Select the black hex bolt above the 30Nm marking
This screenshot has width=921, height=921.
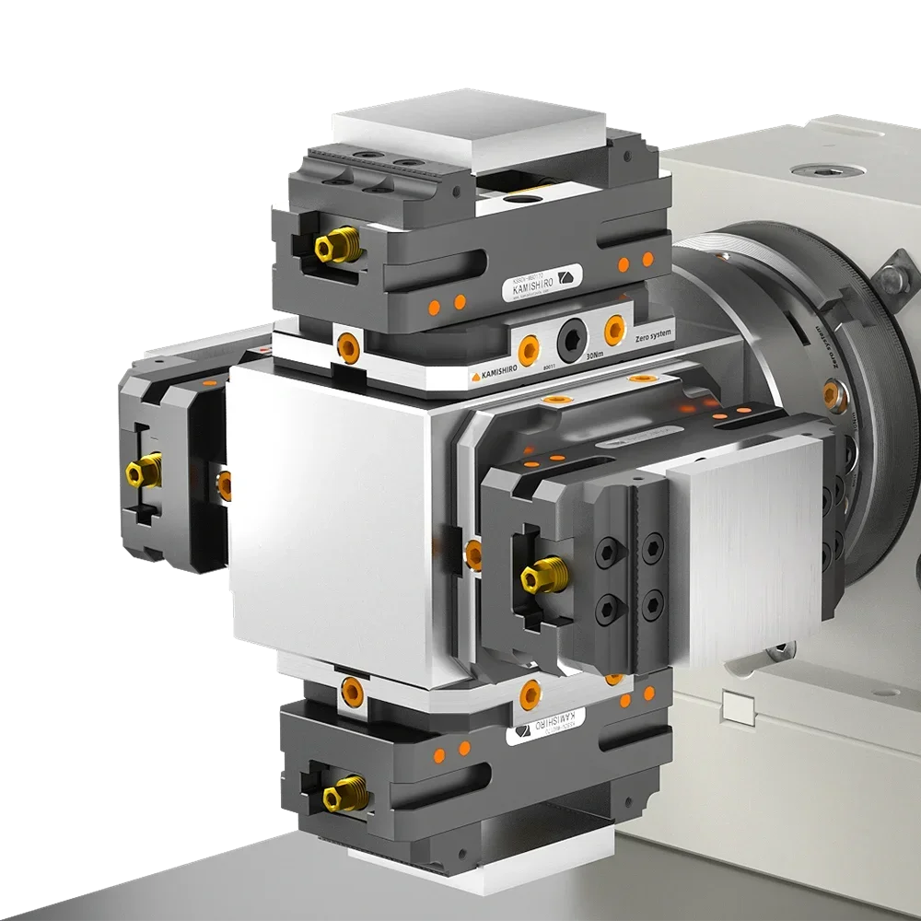point(571,339)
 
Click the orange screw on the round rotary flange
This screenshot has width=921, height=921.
point(832,395)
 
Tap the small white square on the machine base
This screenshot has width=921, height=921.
point(737,708)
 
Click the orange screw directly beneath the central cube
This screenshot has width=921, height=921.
point(350,688)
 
